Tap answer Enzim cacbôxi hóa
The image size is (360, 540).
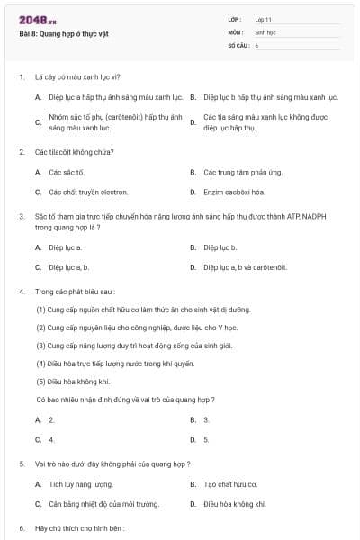click(x=234, y=192)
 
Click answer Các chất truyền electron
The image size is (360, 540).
click(x=88, y=192)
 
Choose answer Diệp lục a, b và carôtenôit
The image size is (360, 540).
click(x=245, y=267)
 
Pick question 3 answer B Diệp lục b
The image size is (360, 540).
click(x=220, y=247)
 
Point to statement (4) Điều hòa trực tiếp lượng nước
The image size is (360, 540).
click(x=115, y=364)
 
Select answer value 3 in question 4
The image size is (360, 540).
click(x=206, y=419)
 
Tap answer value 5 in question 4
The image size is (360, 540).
click(x=206, y=439)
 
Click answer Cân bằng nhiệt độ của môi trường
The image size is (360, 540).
click(x=103, y=504)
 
